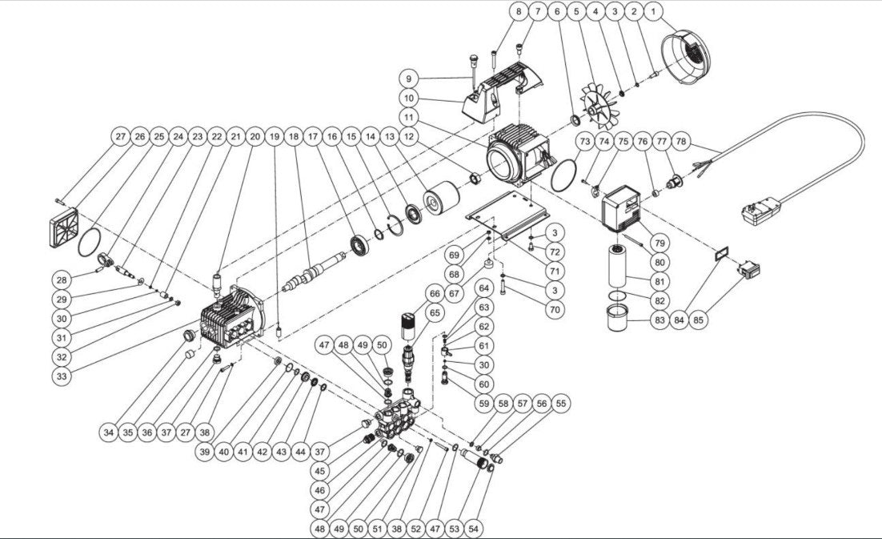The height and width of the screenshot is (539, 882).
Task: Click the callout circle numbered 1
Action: (654, 12)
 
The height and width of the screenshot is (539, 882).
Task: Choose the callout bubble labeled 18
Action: (294, 137)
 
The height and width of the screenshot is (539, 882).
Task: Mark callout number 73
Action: (584, 142)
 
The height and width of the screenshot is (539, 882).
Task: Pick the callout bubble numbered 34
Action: (109, 432)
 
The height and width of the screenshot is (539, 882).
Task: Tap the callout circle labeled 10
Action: (409, 98)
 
